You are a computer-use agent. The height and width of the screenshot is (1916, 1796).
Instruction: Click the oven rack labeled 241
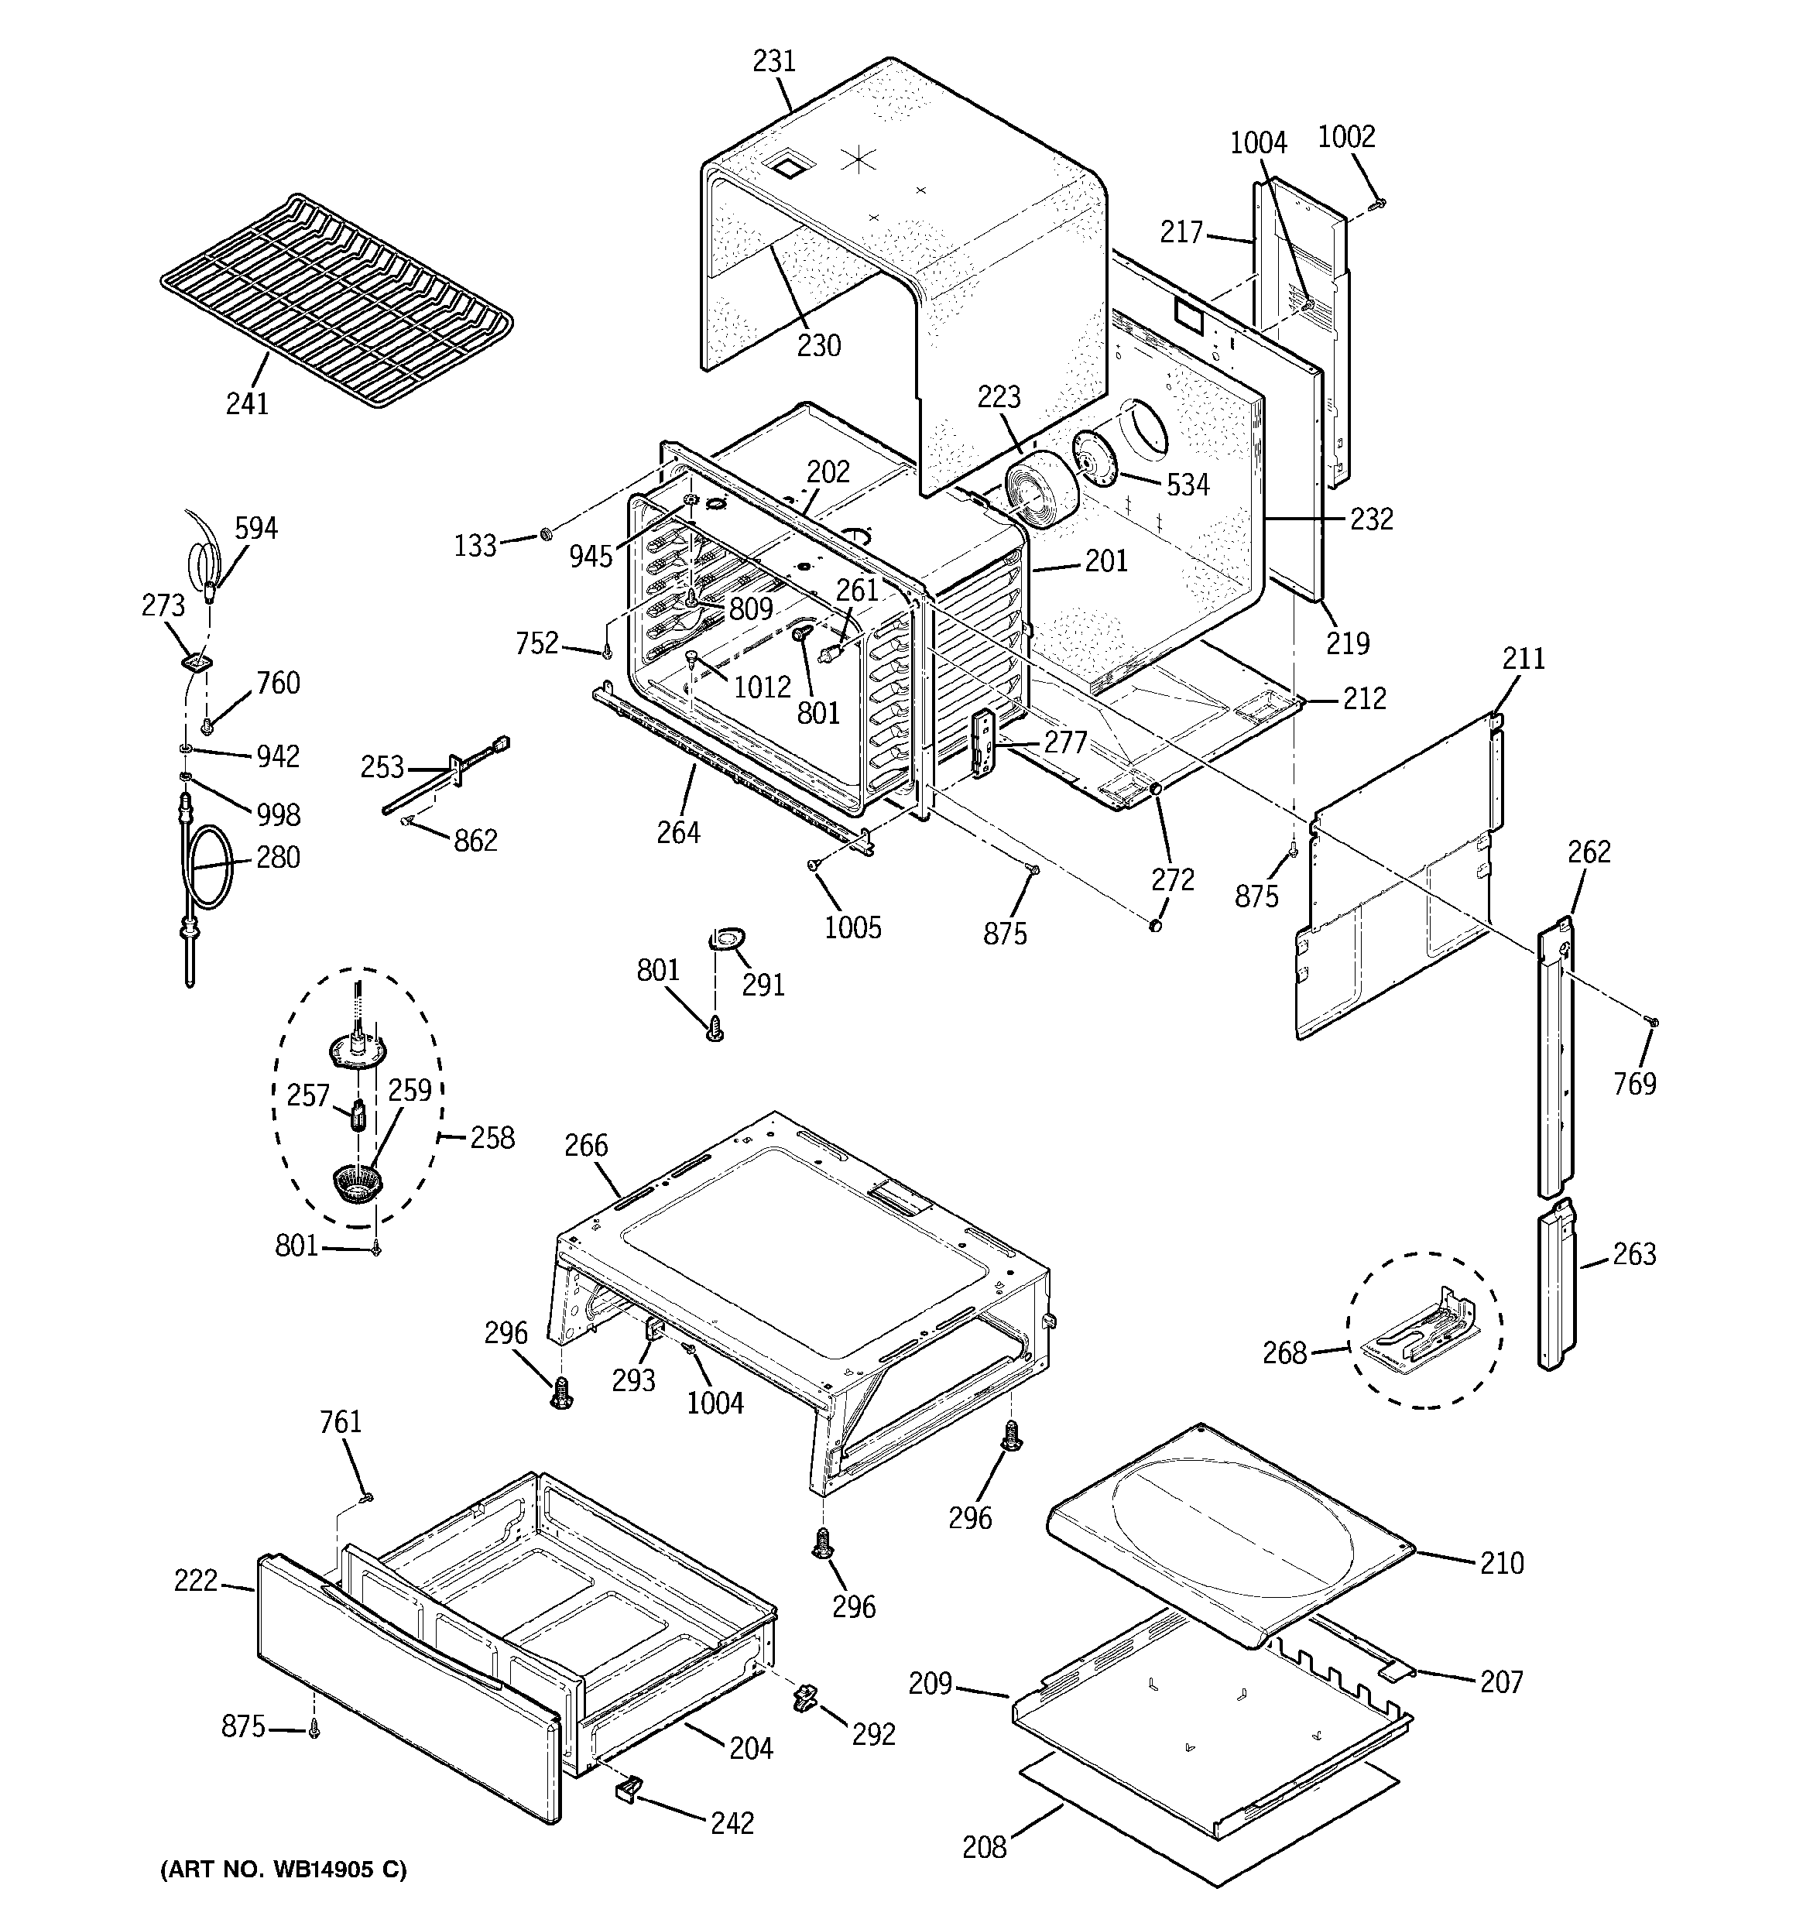[335, 299]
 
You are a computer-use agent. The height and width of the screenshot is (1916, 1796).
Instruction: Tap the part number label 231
[774, 60]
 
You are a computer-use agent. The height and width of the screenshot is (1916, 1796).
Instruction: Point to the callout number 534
[1188, 485]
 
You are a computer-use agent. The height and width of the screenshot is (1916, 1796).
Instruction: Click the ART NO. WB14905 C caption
[283, 1869]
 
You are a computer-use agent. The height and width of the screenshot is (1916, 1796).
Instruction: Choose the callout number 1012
[762, 687]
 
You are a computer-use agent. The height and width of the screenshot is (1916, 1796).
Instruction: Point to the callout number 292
[873, 1734]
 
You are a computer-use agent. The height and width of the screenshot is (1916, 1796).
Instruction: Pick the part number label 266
[586, 1145]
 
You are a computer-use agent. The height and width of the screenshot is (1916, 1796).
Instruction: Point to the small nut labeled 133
[545, 532]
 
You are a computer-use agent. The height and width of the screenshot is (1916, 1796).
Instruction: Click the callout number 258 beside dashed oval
[492, 1137]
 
